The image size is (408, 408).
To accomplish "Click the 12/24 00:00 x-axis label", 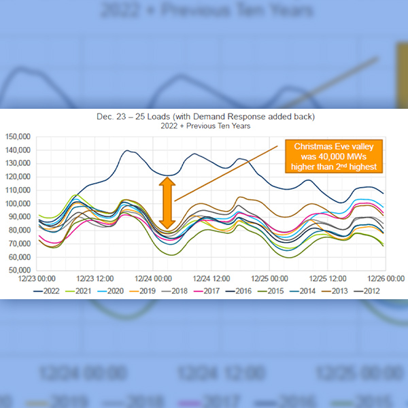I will pyautogui.click(x=152, y=278).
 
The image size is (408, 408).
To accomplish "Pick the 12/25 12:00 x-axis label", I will pyautogui.click(x=329, y=278).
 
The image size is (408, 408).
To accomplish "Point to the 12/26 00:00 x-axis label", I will pyautogui.click(x=386, y=278).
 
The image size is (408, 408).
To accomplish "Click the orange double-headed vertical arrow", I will pyautogui.click(x=167, y=202).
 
